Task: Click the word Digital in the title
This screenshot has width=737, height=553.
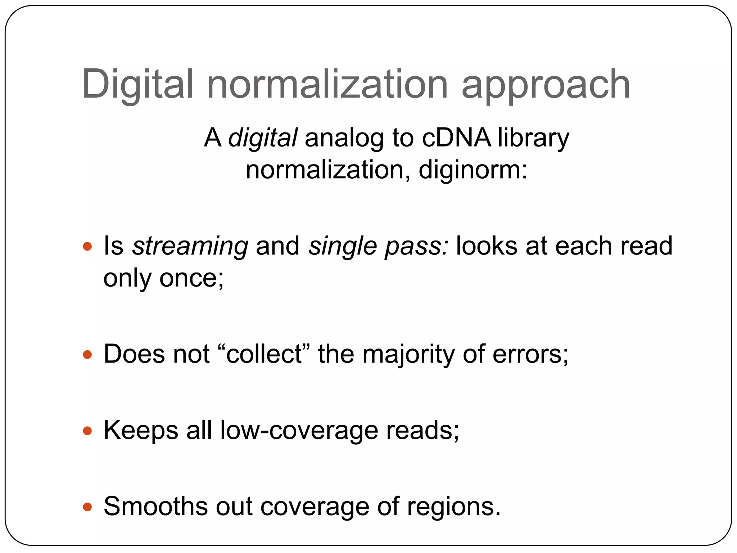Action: click(x=138, y=85)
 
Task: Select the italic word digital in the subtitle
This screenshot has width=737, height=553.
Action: click(x=263, y=138)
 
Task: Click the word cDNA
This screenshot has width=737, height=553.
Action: click(x=456, y=138)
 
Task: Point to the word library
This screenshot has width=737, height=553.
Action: click(x=533, y=139)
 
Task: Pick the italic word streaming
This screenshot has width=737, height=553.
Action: click(x=190, y=247)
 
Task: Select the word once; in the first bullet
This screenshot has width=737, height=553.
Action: click(x=191, y=278)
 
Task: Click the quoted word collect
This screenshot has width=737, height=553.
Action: click(x=264, y=354)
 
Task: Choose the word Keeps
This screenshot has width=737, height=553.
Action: click(x=141, y=431)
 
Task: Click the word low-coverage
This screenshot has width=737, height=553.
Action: click(x=299, y=430)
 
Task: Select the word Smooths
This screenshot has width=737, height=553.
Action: click(x=156, y=507)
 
